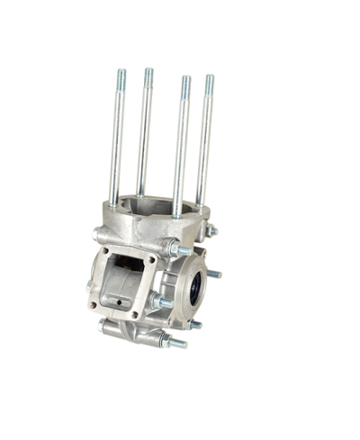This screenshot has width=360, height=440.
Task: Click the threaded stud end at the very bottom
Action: [x=177, y=343]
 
